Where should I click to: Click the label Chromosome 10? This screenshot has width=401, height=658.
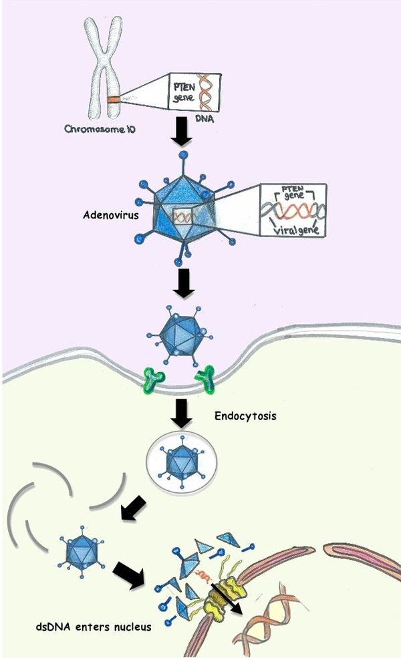(100, 129)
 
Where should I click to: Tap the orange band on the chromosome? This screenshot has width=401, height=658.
(112, 100)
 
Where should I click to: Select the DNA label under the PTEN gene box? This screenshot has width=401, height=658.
(205, 119)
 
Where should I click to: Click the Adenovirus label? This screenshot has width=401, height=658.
(111, 215)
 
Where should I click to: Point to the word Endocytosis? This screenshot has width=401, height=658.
(246, 416)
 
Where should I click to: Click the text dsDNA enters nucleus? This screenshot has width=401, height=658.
(93, 627)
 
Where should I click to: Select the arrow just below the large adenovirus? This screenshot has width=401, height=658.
(184, 283)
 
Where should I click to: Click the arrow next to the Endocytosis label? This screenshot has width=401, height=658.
(182, 414)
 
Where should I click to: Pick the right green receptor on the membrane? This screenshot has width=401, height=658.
(206, 379)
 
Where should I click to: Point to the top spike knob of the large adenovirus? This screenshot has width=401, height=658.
(182, 155)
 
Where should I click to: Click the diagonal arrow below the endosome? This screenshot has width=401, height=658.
(134, 508)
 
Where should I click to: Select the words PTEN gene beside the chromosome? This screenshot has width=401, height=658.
(184, 92)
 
